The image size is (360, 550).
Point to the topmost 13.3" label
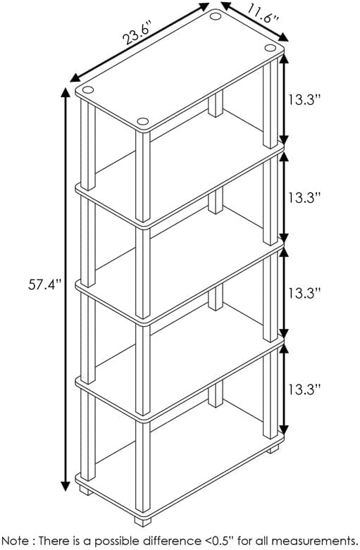point(304,100)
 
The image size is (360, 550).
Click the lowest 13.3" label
point(304,389)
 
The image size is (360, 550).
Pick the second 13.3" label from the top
point(304,197)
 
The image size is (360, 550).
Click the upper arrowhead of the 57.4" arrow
point(66,92)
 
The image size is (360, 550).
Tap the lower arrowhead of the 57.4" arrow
point(66,486)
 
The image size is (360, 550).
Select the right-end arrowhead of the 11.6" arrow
point(283,37)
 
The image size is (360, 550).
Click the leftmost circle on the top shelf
point(88,90)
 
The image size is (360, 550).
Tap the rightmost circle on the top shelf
point(270,48)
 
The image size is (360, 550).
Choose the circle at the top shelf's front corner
point(143,121)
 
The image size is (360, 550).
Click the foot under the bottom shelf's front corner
point(143,522)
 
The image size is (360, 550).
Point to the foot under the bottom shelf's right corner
point(273,449)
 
